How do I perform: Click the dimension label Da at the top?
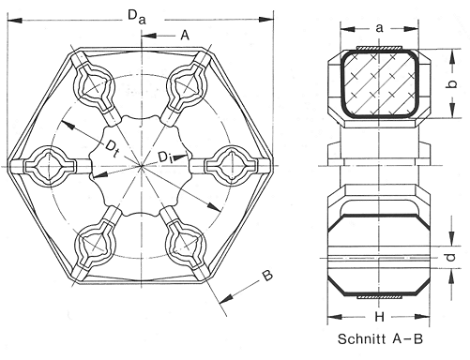(137, 17)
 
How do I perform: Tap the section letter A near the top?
(185, 36)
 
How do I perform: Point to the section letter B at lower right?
(266, 276)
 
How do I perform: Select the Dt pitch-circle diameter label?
(112, 148)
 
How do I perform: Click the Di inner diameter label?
(165, 157)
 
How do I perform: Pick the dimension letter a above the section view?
(379, 28)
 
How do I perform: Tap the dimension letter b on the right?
(451, 83)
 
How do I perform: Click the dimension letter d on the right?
(450, 257)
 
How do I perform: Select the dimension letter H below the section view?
(379, 317)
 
